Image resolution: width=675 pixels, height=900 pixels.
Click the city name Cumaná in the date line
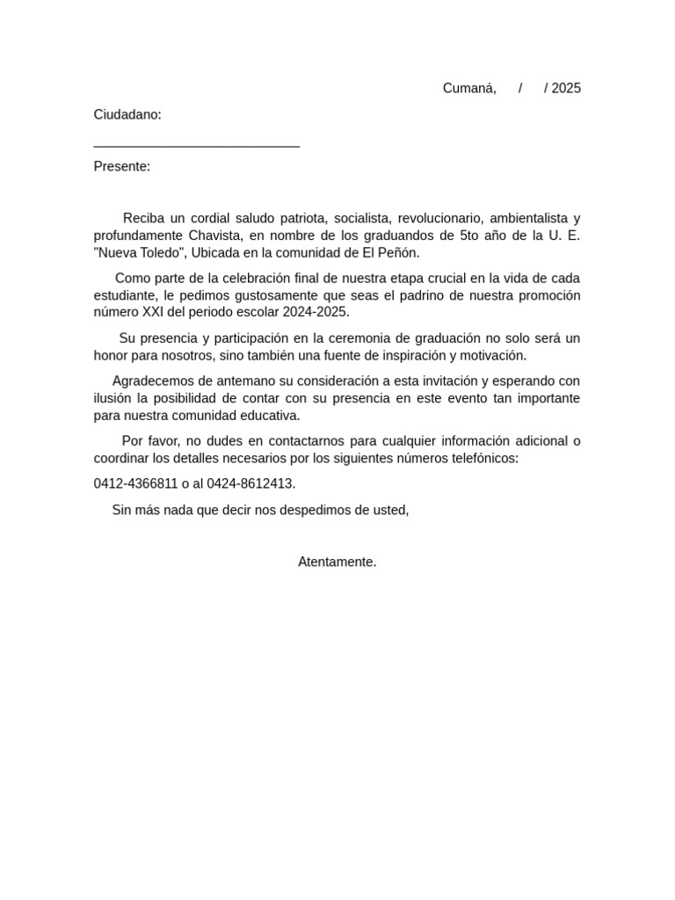pyautogui.click(x=469, y=88)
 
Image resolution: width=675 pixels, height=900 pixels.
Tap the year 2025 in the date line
pyautogui.click(x=566, y=88)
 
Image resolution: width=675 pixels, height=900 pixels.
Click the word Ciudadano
pyautogui.click(x=127, y=115)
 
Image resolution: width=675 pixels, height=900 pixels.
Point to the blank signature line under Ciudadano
pyautogui.click(x=196, y=145)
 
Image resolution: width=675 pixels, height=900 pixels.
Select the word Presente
pyautogui.click(x=121, y=167)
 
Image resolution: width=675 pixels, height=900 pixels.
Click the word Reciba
pyautogui.click(x=142, y=218)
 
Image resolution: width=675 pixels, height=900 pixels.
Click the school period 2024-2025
pyautogui.click(x=316, y=313)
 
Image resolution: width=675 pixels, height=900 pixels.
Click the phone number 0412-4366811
pyautogui.click(x=135, y=484)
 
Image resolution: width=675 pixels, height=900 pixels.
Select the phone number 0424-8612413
pyautogui.click(x=250, y=484)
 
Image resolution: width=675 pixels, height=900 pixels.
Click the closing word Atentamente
pyautogui.click(x=337, y=562)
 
